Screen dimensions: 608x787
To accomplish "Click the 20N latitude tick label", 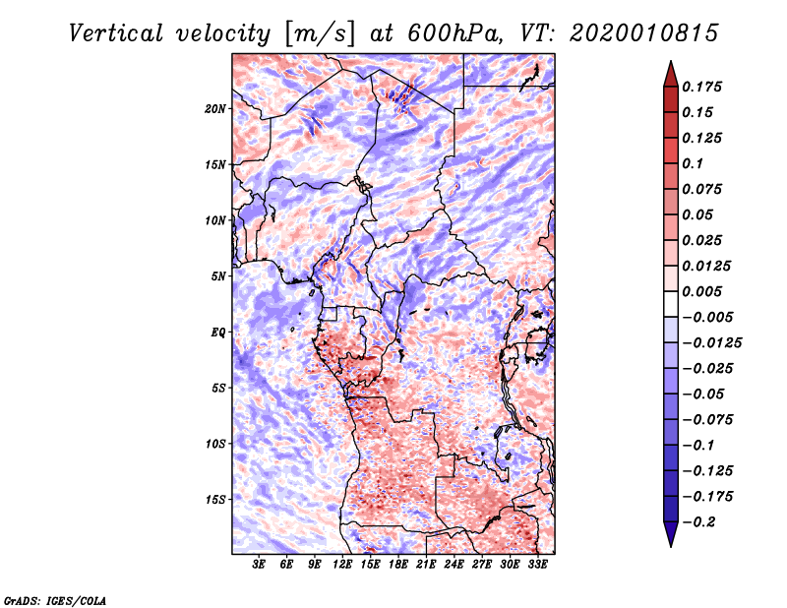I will pyautogui.click(x=216, y=108).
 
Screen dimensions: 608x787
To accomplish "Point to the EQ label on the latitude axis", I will pyautogui.click(x=218, y=332).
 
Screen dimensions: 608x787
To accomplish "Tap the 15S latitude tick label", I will pyautogui.click(x=216, y=499).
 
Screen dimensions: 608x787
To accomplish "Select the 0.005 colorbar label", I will pyautogui.click(x=704, y=291).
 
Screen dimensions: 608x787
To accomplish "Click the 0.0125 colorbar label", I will pyautogui.click(x=708, y=266).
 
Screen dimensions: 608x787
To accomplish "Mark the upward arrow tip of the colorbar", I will pyautogui.click(x=670, y=63).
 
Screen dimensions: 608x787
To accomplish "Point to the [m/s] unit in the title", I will pyautogui.click(x=314, y=32).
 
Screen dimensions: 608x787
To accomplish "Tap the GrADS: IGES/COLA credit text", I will pyautogui.click(x=55, y=599).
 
